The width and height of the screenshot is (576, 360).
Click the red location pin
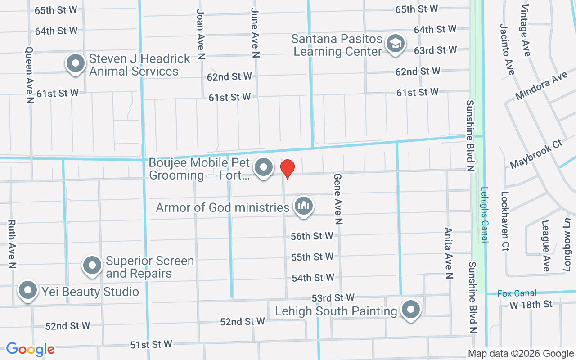[x=288, y=169]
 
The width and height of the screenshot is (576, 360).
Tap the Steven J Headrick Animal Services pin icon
[x=76, y=63]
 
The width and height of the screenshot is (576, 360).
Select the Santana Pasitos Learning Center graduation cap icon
[x=396, y=44]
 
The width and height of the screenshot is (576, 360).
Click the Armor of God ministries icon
[x=304, y=206]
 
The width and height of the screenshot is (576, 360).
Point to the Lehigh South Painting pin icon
[x=410, y=310]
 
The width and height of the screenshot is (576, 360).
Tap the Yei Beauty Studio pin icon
[x=28, y=290]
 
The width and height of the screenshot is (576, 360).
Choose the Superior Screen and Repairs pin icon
[x=92, y=265]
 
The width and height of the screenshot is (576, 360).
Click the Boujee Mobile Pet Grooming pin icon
[x=264, y=168]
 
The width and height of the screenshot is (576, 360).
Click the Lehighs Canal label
[x=484, y=215]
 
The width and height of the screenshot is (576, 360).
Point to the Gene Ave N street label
[x=338, y=199]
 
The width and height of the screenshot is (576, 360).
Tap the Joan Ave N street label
[x=201, y=34]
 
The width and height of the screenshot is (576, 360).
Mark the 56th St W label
[x=312, y=236]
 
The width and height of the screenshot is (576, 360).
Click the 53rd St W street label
[x=333, y=298]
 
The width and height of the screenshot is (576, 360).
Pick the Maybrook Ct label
[x=536, y=154]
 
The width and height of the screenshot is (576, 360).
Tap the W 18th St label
[x=531, y=305]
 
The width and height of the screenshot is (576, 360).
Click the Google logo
[x=30, y=349]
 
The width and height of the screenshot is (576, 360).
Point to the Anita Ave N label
[x=448, y=252]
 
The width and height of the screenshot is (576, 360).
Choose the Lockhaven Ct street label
[x=505, y=220]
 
